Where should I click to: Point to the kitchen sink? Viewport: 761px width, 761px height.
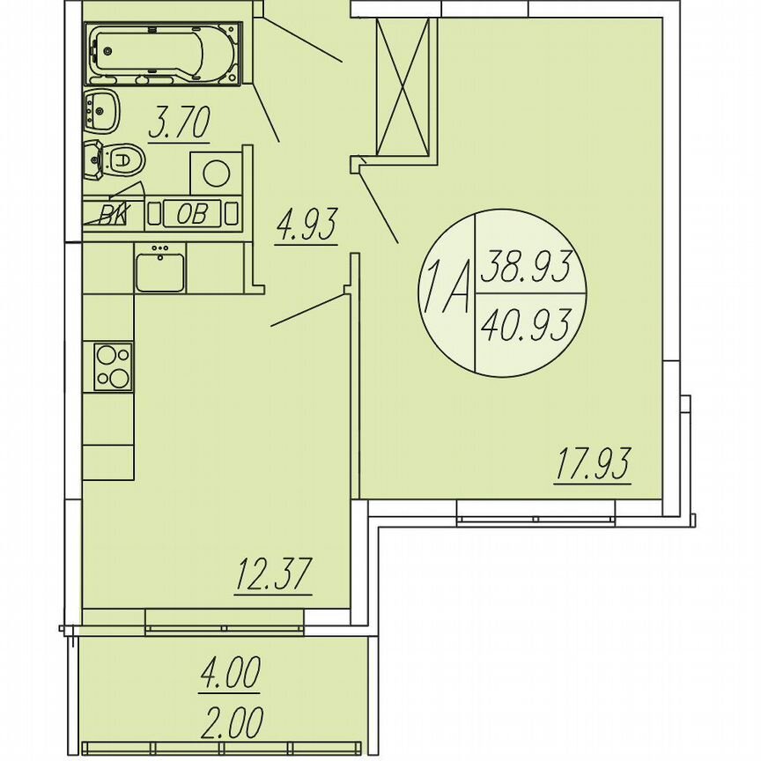[159, 268]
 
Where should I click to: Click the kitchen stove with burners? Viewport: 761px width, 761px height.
[114, 366]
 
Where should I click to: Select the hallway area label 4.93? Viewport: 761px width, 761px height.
[307, 226]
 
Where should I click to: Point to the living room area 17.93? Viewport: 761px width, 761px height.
[594, 464]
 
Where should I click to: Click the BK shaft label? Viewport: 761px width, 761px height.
[112, 213]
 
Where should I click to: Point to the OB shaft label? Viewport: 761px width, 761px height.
[192, 213]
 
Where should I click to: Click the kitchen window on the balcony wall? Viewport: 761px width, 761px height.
[225, 628]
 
